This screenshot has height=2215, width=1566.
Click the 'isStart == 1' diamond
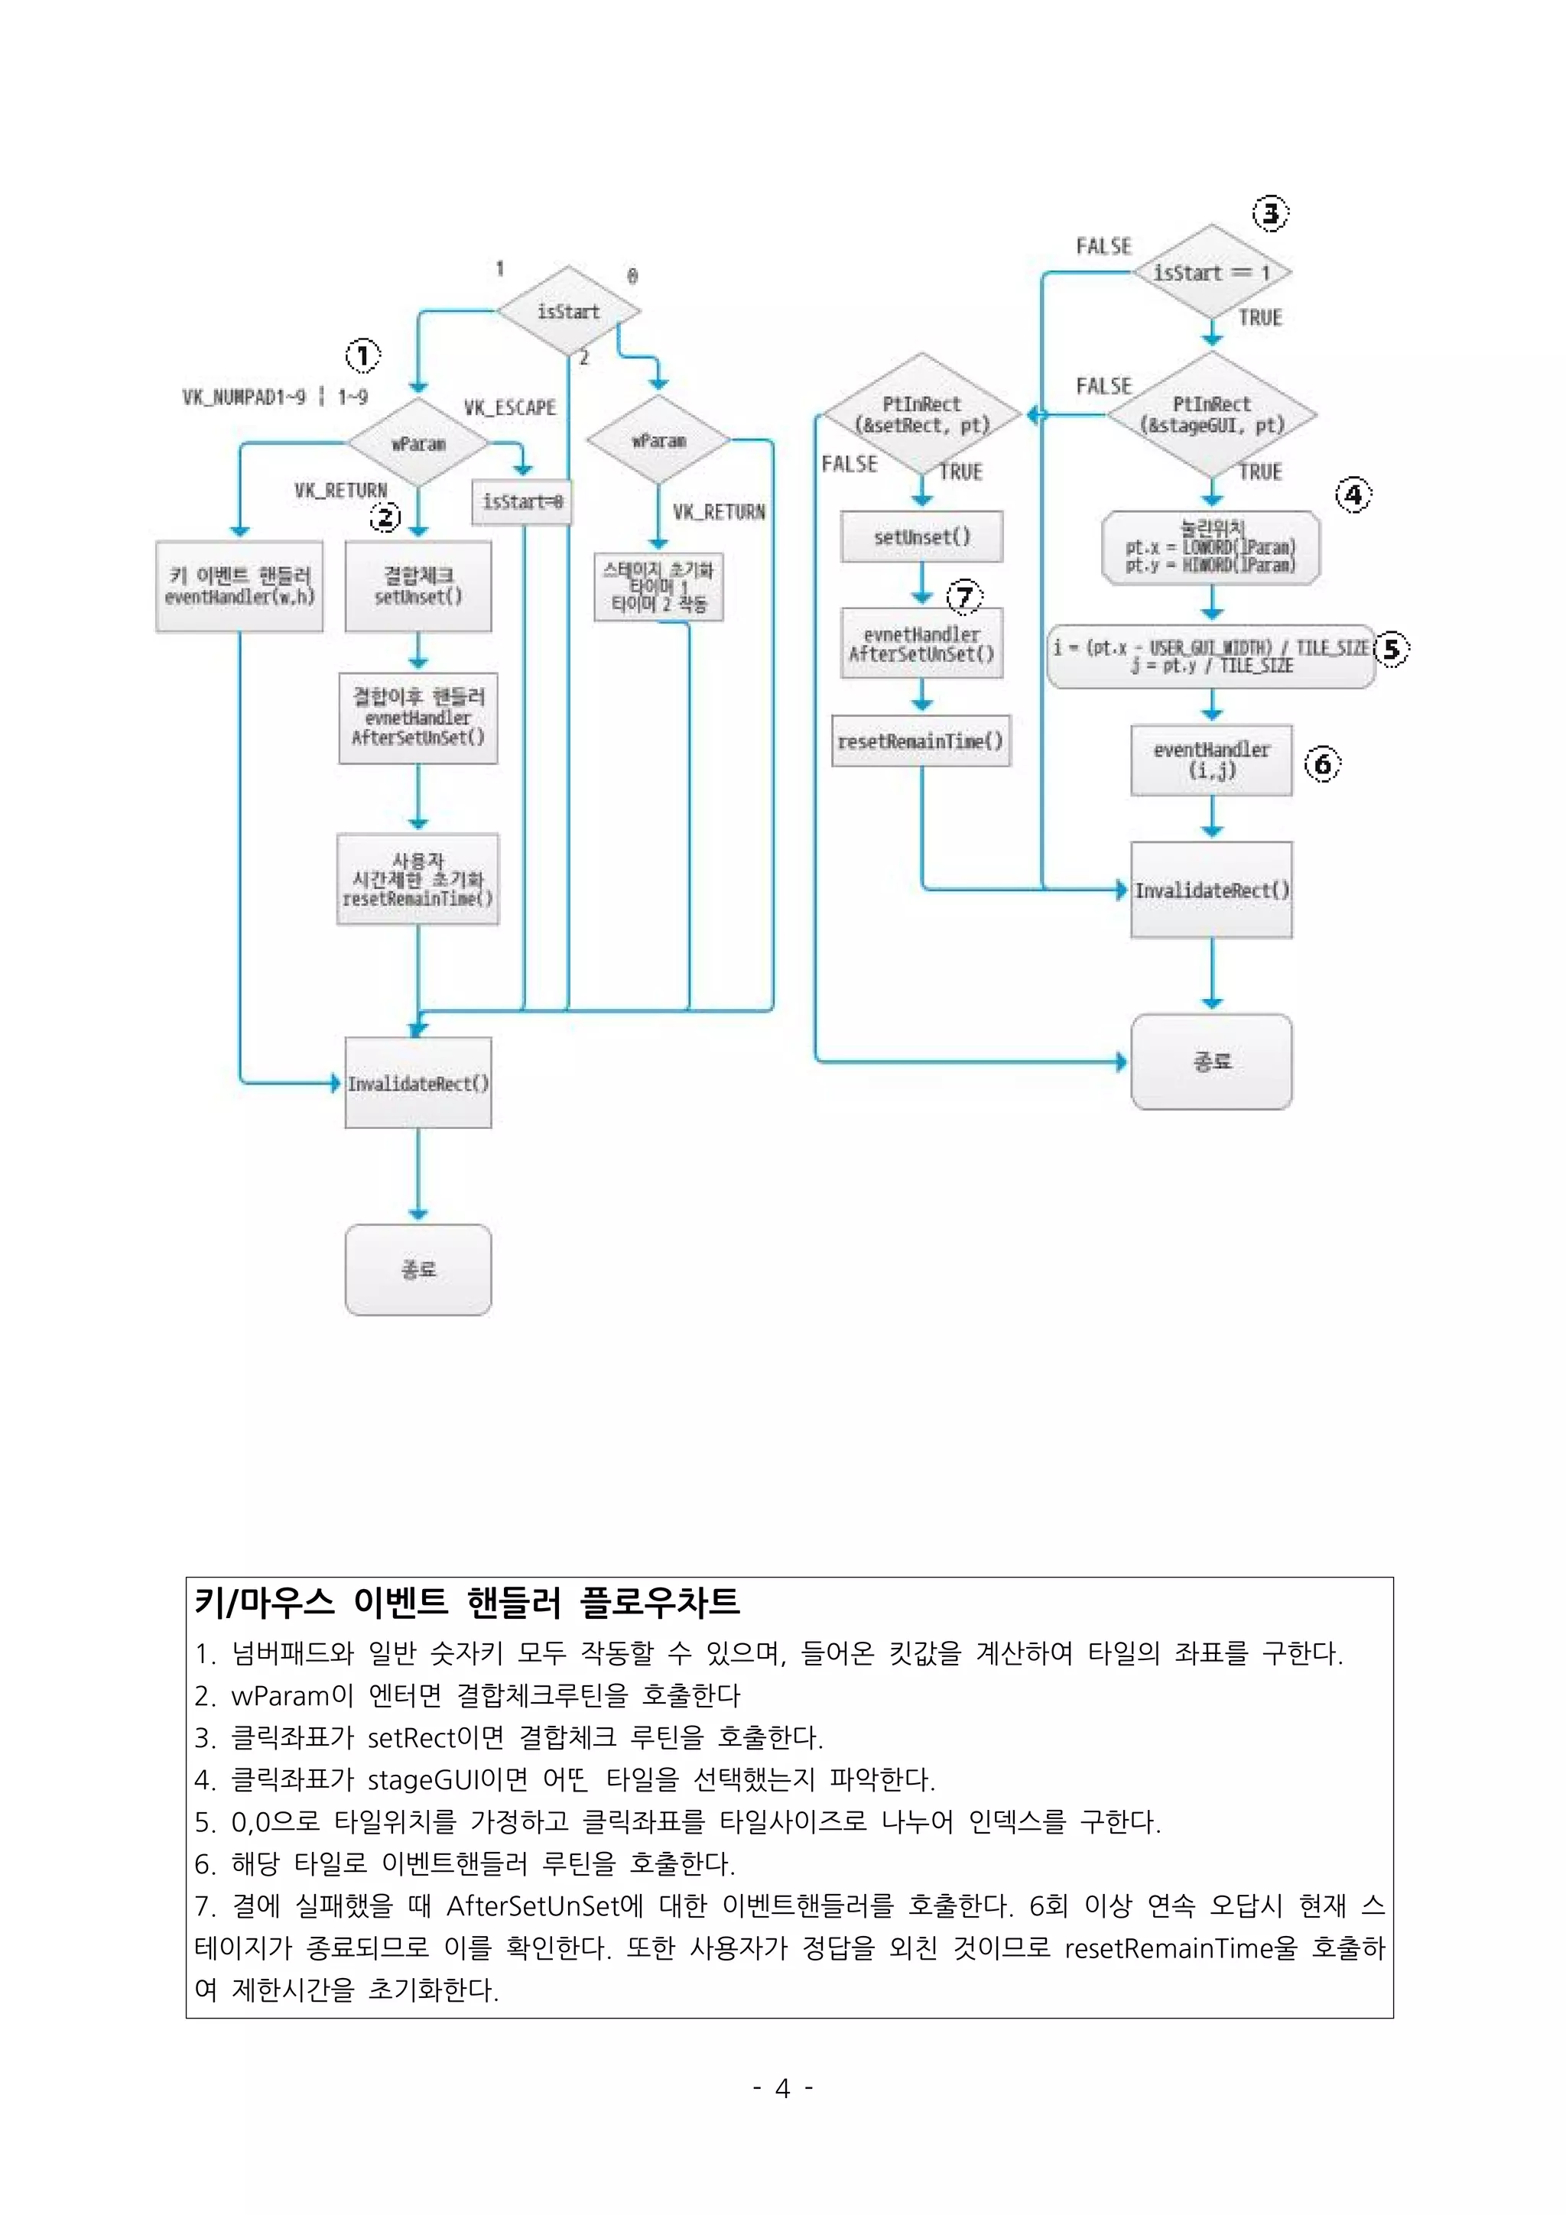pyautogui.click(x=1211, y=273)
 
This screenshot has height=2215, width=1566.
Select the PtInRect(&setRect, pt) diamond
pyautogui.click(x=921, y=415)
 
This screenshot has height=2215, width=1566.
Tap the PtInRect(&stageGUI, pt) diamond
pyautogui.click(x=1211, y=415)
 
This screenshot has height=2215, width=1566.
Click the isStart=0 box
pyautogui.click(x=522, y=501)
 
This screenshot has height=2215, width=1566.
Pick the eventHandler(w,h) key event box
pyautogui.click(x=239, y=585)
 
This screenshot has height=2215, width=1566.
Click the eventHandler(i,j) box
pyautogui.click(x=1211, y=760)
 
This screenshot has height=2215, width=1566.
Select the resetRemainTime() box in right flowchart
pyautogui.click(x=921, y=741)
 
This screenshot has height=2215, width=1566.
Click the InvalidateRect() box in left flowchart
pyautogui.click(x=417, y=1082)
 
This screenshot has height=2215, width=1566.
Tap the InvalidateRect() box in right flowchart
pyautogui.click(x=1211, y=890)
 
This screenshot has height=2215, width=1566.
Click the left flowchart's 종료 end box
pyautogui.click(x=417, y=1269)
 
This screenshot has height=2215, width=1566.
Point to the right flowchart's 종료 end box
pyautogui.click(x=1211, y=1061)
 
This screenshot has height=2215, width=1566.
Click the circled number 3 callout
pyautogui.click(x=1270, y=213)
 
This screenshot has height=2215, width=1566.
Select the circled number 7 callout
pyautogui.click(x=964, y=596)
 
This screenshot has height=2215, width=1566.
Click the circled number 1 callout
pyautogui.click(x=362, y=356)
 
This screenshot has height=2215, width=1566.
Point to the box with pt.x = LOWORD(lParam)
pyautogui.click(x=1211, y=548)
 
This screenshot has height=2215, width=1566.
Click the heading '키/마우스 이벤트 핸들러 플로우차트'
pyautogui.click(x=467, y=1603)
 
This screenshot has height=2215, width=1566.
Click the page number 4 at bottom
pyautogui.click(x=782, y=2089)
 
